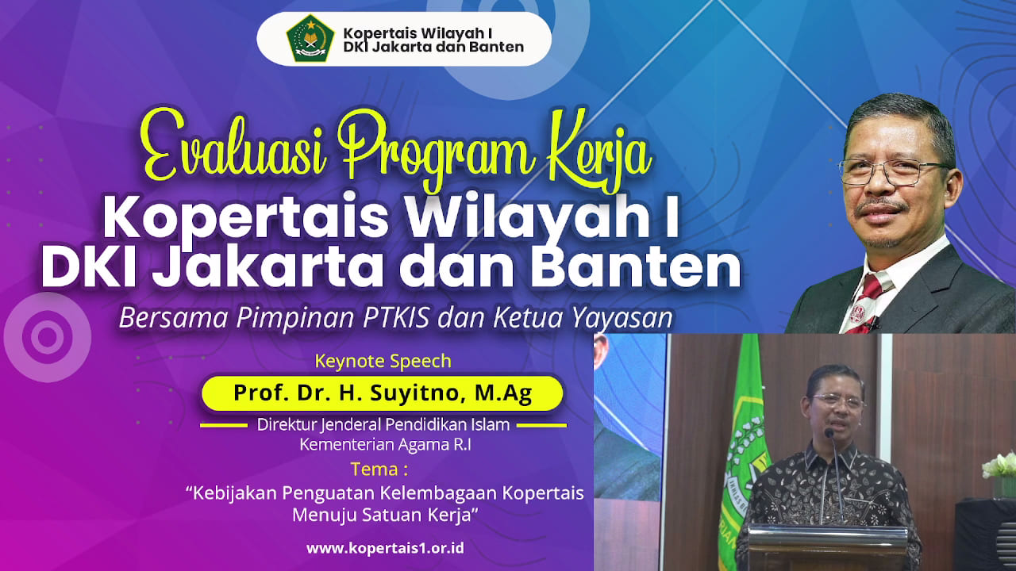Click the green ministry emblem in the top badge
click(310, 39)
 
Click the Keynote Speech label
click(383, 361)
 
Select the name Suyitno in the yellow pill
click(418, 393)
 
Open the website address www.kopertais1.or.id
click(385, 548)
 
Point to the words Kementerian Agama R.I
click(385, 445)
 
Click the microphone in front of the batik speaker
click(833, 471)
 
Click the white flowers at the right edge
click(999, 465)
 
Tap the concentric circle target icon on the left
click(47, 337)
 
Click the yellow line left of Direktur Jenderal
click(224, 426)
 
